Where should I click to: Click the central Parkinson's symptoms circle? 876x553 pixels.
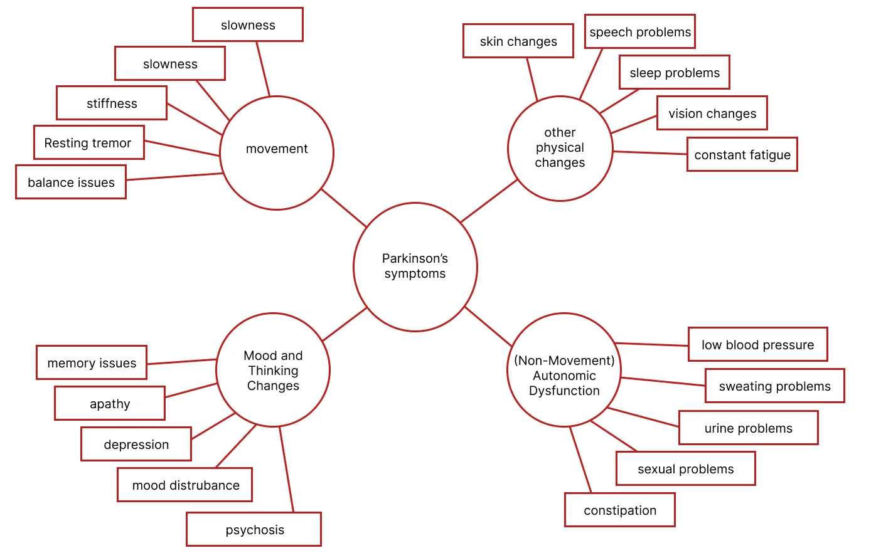[415, 267]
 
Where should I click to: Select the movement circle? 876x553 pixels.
[277, 153]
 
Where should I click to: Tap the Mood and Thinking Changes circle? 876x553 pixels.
[273, 370]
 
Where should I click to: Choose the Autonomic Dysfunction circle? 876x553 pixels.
[564, 370]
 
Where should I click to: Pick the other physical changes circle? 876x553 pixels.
[560, 149]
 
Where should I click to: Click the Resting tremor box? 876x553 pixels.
[89, 142]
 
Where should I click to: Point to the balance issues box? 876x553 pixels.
[71, 182]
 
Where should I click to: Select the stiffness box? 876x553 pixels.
[112, 103]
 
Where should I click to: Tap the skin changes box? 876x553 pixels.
[518, 41]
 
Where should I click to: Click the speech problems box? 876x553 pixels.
[640, 31]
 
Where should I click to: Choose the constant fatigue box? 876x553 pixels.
[742, 154]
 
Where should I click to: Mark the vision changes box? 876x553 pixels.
[712, 113]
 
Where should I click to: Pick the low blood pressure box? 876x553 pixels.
[758, 344]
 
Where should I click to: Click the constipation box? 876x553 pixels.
[620, 510]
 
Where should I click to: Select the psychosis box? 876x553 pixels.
[254, 529]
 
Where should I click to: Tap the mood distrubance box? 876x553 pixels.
[185, 485]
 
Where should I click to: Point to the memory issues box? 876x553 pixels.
[92, 362]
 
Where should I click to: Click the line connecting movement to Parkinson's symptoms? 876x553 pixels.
[344, 208]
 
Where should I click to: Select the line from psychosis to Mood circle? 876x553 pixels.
[286, 470]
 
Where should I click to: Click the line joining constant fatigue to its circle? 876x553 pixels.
[650, 153]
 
